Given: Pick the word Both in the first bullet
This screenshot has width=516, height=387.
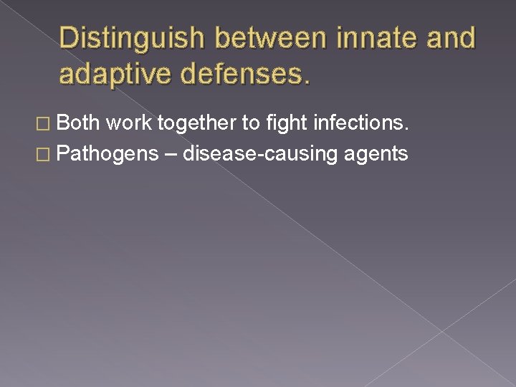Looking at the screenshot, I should (x=78, y=123).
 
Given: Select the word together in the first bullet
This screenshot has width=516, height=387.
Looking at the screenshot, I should (x=199, y=124).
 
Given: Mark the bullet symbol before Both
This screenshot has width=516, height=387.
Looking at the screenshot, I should (x=47, y=124).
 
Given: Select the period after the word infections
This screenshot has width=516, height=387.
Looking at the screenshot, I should (x=406, y=129).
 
